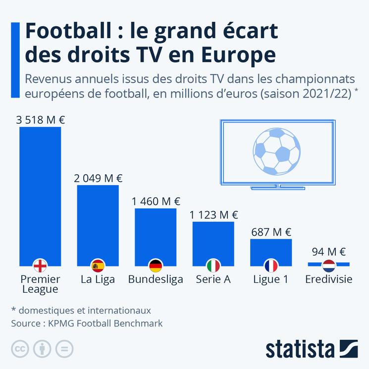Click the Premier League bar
[x=40, y=193]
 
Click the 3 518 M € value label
[x=40, y=119]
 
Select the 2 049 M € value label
[x=98, y=178]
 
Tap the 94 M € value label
[x=329, y=252]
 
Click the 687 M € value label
[x=271, y=232]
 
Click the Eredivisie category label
[x=329, y=279]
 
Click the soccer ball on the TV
[x=276, y=152]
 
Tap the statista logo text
[x=300, y=349]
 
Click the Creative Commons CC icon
[x=20, y=349]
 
